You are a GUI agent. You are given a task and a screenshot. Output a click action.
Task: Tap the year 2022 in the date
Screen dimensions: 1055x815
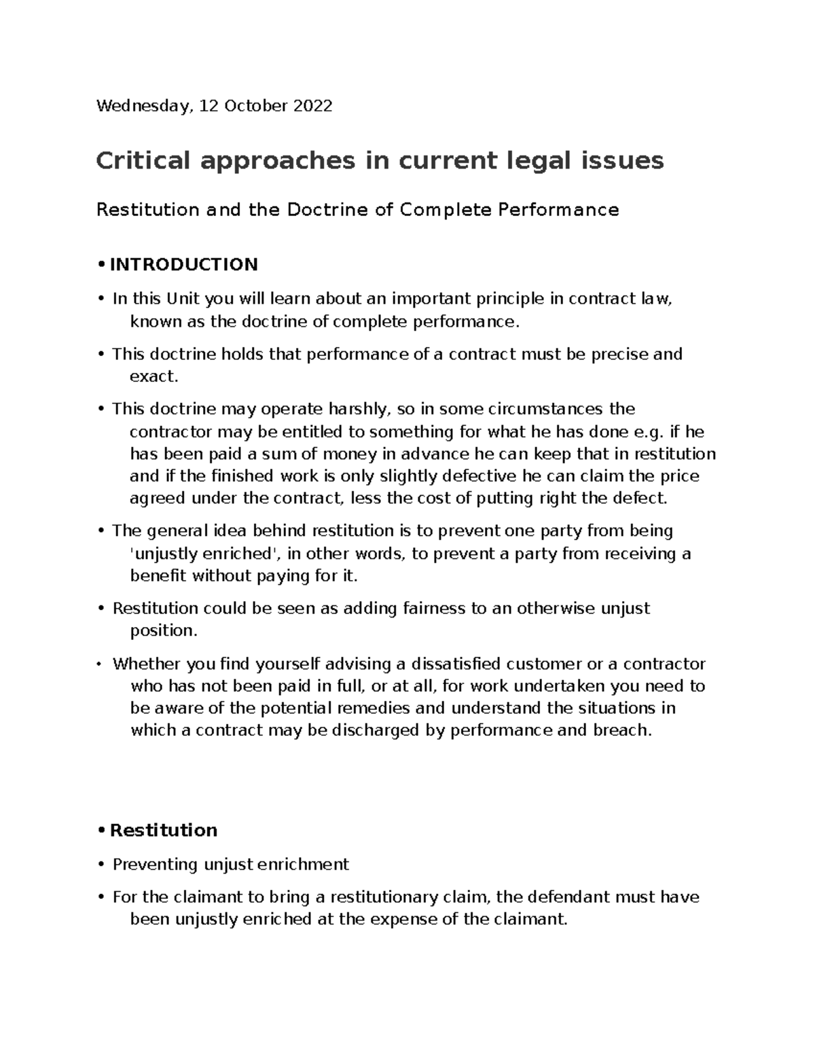(313, 106)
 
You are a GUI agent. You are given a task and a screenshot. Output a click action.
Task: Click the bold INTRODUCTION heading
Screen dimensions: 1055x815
(183, 264)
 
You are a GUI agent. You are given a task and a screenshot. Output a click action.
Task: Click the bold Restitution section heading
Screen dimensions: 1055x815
(163, 830)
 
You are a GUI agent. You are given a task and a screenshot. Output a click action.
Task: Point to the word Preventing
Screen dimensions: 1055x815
(153, 864)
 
